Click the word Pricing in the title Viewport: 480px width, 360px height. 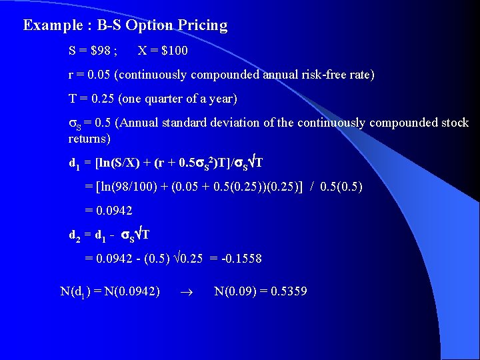pos(203,25)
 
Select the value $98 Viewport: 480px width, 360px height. pos(104,51)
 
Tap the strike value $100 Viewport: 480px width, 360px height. pos(173,51)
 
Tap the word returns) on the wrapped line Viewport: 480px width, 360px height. pos(89,139)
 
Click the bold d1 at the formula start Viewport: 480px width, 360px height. pos(75,163)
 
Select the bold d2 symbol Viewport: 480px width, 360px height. pos(75,235)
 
